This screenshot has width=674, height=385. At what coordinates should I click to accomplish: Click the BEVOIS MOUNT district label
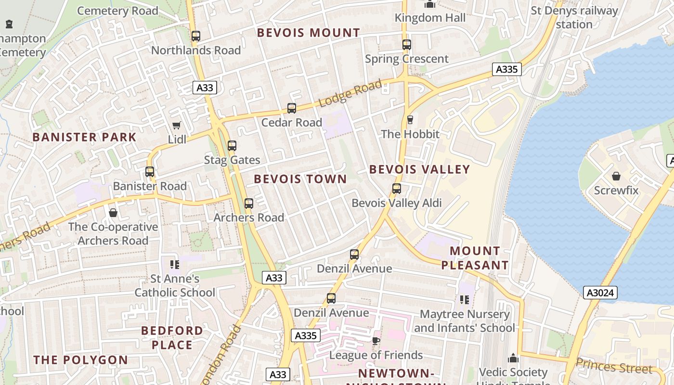pyautogui.click(x=308, y=33)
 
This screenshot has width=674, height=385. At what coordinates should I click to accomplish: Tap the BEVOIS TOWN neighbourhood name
pyautogui.click(x=300, y=179)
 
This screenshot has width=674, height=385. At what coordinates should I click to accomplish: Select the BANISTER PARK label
pyautogui.click(x=85, y=137)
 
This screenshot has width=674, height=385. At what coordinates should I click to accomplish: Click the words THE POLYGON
pyautogui.click(x=81, y=360)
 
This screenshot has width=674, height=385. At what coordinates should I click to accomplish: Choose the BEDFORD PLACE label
pyautogui.click(x=172, y=338)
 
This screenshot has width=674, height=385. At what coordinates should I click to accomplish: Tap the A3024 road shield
pyautogui.click(x=601, y=293)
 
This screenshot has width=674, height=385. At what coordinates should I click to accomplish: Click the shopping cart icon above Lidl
pyautogui.click(x=177, y=125)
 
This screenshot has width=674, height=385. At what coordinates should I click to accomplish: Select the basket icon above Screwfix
pyautogui.click(x=616, y=176)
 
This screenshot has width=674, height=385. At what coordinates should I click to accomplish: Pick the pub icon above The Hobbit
pyautogui.click(x=410, y=119)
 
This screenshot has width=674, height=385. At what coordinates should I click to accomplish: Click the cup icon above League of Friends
pyautogui.click(x=376, y=341)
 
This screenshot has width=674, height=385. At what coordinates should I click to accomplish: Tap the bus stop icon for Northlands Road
pyautogui.click(x=195, y=36)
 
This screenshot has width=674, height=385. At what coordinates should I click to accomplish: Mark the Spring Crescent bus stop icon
pyautogui.click(x=407, y=45)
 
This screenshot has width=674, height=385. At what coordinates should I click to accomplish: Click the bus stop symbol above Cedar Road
pyautogui.click(x=291, y=108)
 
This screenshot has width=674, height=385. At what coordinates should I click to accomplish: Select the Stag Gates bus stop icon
pyautogui.click(x=232, y=146)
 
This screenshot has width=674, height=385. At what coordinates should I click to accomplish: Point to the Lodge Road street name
pyautogui.click(x=350, y=93)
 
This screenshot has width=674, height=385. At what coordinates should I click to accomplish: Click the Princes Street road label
pyautogui.click(x=614, y=366)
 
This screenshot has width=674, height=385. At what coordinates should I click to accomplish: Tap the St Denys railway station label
pyautogui.click(x=574, y=17)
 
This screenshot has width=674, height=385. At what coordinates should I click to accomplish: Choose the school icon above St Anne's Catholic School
pyautogui.click(x=175, y=264)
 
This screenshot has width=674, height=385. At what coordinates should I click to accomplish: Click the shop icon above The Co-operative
pyautogui.click(x=113, y=213)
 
